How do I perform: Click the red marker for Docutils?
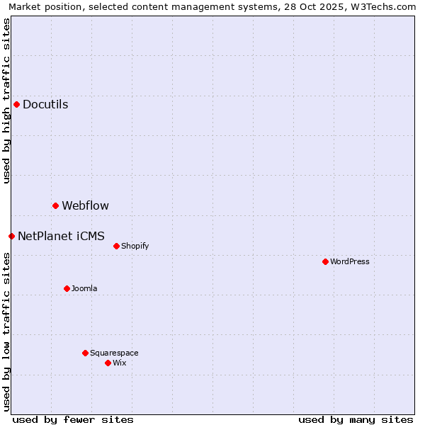16,104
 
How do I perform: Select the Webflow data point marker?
55,205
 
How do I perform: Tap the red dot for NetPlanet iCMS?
11,236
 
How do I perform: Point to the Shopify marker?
116,246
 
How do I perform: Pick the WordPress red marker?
325,261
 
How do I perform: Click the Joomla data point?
67,288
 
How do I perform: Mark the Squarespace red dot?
85,353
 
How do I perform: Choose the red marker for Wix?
108,363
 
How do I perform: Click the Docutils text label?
45,105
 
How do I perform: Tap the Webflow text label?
85,206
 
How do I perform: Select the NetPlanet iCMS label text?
61,237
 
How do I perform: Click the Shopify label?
135,246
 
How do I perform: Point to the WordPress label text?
350,262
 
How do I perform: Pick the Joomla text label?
84,289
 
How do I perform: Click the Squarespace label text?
114,353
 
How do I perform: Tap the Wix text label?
120,363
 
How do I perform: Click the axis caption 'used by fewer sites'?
73,419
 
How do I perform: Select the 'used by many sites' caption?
356,419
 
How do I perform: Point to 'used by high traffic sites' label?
7,101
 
